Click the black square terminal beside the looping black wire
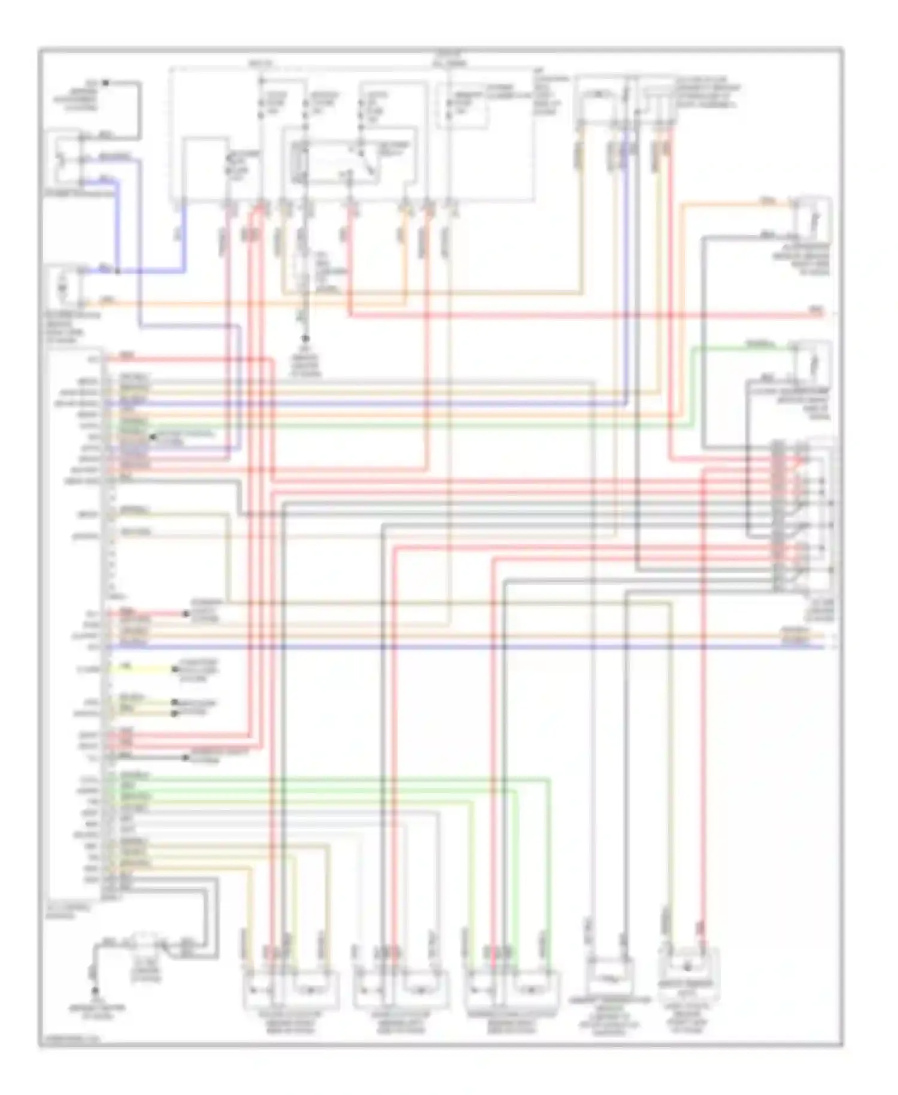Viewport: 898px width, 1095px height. click(x=105, y=83)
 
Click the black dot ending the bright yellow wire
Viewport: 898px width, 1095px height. click(x=174, y=669)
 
